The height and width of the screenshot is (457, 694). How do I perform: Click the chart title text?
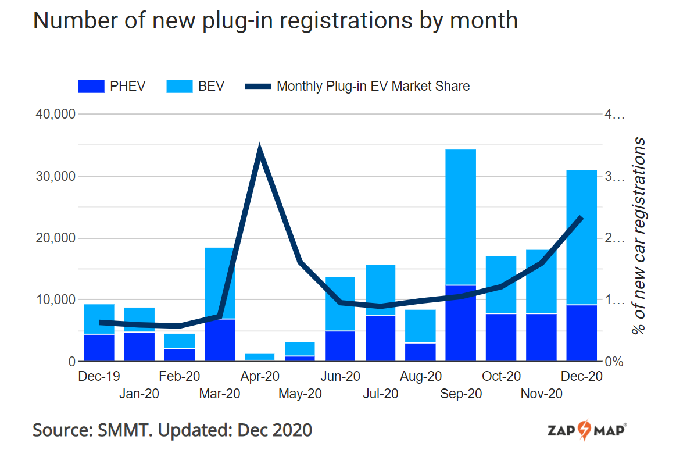click(275, 20)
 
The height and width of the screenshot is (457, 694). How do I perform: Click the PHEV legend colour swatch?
click(91, 87)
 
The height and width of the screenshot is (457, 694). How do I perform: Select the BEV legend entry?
click(195, 87)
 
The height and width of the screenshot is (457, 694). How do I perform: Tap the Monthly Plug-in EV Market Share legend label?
click(373, 87)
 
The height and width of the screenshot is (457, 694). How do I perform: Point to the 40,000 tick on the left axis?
click(56, 115)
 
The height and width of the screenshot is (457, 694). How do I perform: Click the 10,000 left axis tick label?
click(56, 300)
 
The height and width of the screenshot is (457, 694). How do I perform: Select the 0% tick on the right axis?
click(613, 362)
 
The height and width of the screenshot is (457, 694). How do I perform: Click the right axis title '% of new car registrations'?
click(639, 235)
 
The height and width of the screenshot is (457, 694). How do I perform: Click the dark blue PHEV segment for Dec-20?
click(582, 333)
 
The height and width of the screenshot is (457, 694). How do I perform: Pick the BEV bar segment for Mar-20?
click(220, 283)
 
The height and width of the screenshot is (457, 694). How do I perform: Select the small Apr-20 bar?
click(260, 356)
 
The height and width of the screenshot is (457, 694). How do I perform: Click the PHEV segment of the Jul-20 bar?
click(381, 338)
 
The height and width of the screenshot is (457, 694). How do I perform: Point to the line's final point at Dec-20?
click(581, 217)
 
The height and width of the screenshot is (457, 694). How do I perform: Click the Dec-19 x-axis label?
click(98, 377)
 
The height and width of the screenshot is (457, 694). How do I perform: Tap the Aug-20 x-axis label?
click(421, 377)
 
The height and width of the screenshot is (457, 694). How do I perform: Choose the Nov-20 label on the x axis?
click(541, 394)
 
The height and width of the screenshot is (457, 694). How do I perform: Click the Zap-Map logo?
click(587, 431)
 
